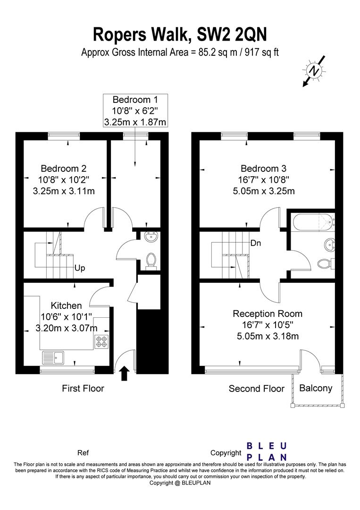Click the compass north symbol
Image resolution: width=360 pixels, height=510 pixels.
point(314,70)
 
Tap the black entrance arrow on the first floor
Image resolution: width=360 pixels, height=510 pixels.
point(125,374)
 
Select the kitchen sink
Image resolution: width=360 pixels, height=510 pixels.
point(53,358)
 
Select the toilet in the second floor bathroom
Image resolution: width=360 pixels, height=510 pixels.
point(325,263)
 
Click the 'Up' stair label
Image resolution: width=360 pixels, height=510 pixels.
point(80,268)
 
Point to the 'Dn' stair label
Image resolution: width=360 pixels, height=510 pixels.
point(256,243)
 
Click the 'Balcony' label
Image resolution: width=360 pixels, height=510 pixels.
point(316,388)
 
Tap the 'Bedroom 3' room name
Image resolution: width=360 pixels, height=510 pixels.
point(263,169)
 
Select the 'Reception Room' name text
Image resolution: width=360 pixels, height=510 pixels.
point(268,314)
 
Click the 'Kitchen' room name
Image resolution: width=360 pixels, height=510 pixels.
point(66,306)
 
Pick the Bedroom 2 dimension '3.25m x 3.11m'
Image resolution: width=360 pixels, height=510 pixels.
point(64,191)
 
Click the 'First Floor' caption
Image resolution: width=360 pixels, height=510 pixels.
point(83,388)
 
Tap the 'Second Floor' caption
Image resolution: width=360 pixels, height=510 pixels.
point(256,389)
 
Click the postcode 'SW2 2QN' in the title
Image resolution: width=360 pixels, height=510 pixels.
point(232,34)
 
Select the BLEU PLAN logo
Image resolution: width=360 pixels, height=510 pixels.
point(267,451)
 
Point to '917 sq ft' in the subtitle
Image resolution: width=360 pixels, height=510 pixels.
point(262,52)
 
